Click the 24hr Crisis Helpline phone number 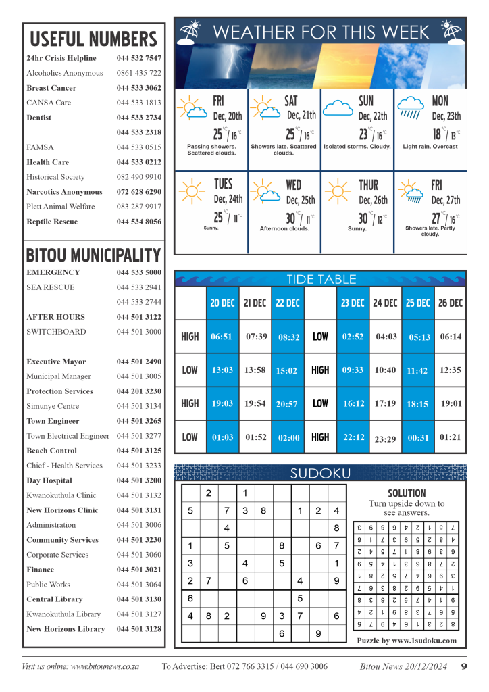[x=138, y=58]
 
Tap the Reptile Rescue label [x=52, y=222]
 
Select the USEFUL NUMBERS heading [x=93, y=39]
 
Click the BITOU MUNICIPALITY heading [x=93, y=255]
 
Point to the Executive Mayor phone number [x=138, y=362]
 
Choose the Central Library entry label [x=54, y=599]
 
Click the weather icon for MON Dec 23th [x=411, y=107]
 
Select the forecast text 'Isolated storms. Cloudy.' [x=357, y=147]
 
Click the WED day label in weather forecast [x=294, y=184]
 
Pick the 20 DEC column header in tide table [x=222, y=303]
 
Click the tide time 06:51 [x=222, y=337]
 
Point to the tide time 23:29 [x=385, y=439]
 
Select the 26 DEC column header [x=450, y=303]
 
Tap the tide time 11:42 [x=417, y=371]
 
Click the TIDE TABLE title [x=321, y=279]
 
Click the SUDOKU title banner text [x=320, y=473]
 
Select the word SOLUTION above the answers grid [x=407, y=493]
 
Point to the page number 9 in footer [x=464, y=666]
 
